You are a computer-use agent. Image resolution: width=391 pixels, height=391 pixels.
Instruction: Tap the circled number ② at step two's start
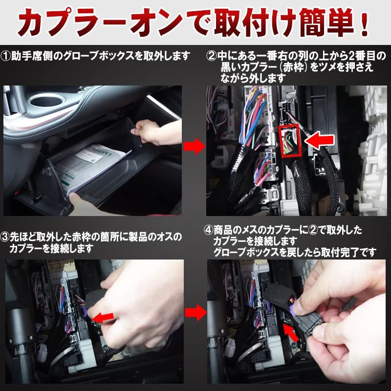tap(211, 56)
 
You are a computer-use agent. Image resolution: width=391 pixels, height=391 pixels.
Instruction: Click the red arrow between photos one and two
tap(194, 146)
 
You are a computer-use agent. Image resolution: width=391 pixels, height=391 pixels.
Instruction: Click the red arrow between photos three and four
tap(194, 313)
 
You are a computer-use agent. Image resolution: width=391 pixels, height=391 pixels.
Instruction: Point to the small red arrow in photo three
tap(102, 318)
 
